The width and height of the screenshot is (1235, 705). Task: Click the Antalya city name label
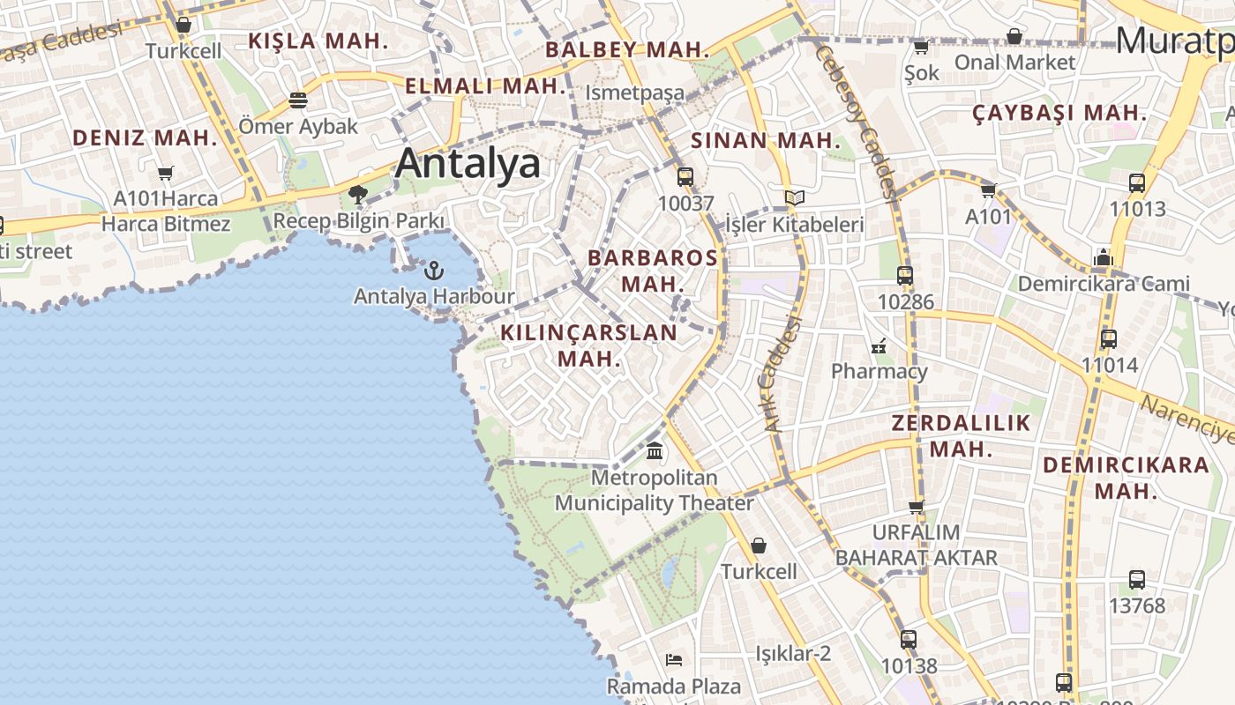468,164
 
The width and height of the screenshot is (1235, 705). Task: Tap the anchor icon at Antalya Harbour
433,270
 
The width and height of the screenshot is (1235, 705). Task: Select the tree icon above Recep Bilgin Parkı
357,195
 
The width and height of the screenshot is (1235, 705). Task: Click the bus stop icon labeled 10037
685,177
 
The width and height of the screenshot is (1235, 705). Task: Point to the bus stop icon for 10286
905,276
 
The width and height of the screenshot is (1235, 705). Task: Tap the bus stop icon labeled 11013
1137,183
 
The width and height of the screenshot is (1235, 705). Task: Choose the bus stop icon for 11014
1109,338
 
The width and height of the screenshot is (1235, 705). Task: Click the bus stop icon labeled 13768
1137,580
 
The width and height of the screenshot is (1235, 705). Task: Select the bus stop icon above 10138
909,640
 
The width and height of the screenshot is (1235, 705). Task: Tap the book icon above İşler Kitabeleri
794,198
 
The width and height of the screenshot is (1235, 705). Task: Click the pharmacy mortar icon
878,345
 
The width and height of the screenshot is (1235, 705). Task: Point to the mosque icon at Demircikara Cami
1103,258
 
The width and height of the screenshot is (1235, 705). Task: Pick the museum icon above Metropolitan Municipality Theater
655,452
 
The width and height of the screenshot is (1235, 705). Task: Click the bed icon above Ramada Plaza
674,660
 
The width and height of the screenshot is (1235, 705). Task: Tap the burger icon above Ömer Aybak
298,100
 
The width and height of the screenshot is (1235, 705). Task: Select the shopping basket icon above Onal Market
1014,37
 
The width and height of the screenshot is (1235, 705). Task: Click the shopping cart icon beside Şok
921,47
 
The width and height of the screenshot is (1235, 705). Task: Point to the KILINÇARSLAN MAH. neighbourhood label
588,345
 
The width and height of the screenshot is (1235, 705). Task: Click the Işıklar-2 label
793,654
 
